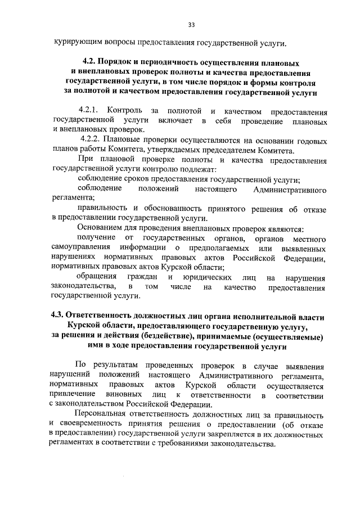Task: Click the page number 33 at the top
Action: pyautogui.click(x=191, y=25)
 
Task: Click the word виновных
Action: pyautogui.click(x=122, y=395)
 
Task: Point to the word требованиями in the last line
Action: pyautogui.click(x=172, y=445)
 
